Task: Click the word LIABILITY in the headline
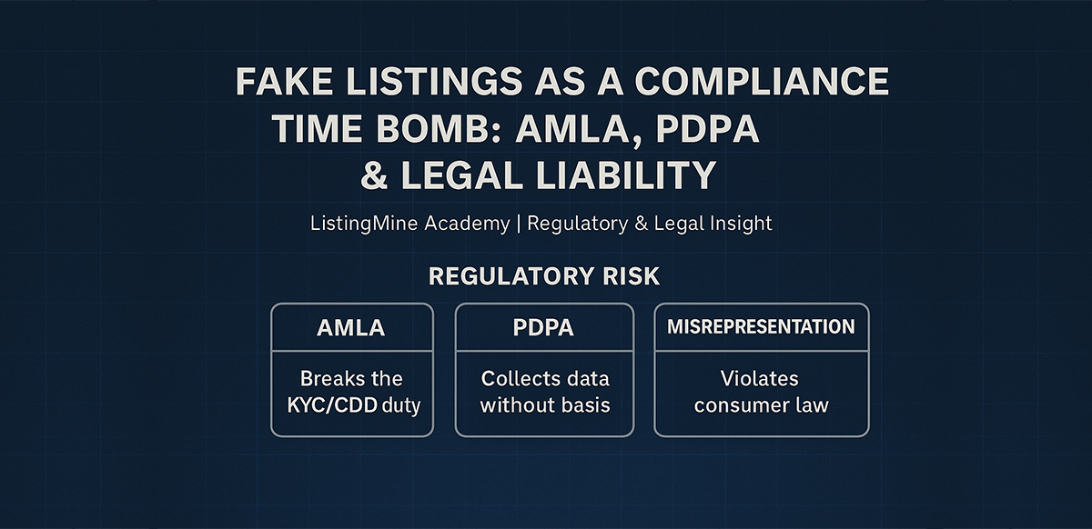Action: [611, 175]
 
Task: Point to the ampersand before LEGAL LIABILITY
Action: [374, 175]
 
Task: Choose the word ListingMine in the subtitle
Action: [364, 224]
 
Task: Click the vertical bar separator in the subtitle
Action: [519, 224]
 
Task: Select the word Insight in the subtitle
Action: [738, 224]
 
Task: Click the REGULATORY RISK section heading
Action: [544, 276]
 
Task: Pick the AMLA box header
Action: [351, 328]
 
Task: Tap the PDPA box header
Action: [543, 328]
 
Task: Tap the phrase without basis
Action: [544, 404]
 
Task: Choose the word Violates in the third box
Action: [761, 378]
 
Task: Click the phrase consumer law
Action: [761, 404]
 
